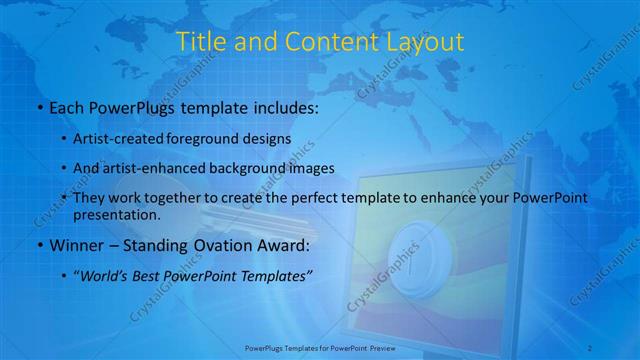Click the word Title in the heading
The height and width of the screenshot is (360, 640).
click(198, 42)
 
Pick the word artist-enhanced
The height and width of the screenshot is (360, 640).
click(170, 168)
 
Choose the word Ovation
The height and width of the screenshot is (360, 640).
click(214, 244)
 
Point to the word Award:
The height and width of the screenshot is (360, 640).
click(281, 244)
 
